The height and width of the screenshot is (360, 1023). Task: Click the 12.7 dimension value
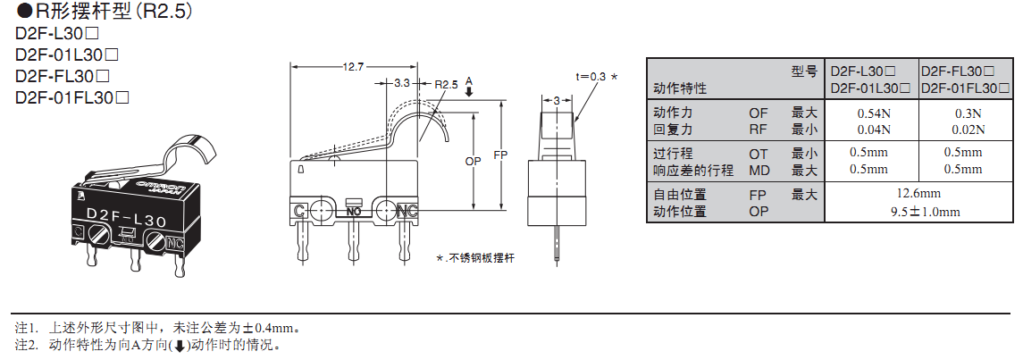coord(354,67)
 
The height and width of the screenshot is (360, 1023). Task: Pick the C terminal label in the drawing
coord(299,211)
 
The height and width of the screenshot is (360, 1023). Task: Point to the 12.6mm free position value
coord(919,194)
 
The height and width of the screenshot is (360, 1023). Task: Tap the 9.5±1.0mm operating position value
coord(919,212)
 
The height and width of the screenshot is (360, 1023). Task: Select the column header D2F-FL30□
coord(964,71)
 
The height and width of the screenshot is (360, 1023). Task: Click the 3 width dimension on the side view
coord(557,101)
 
